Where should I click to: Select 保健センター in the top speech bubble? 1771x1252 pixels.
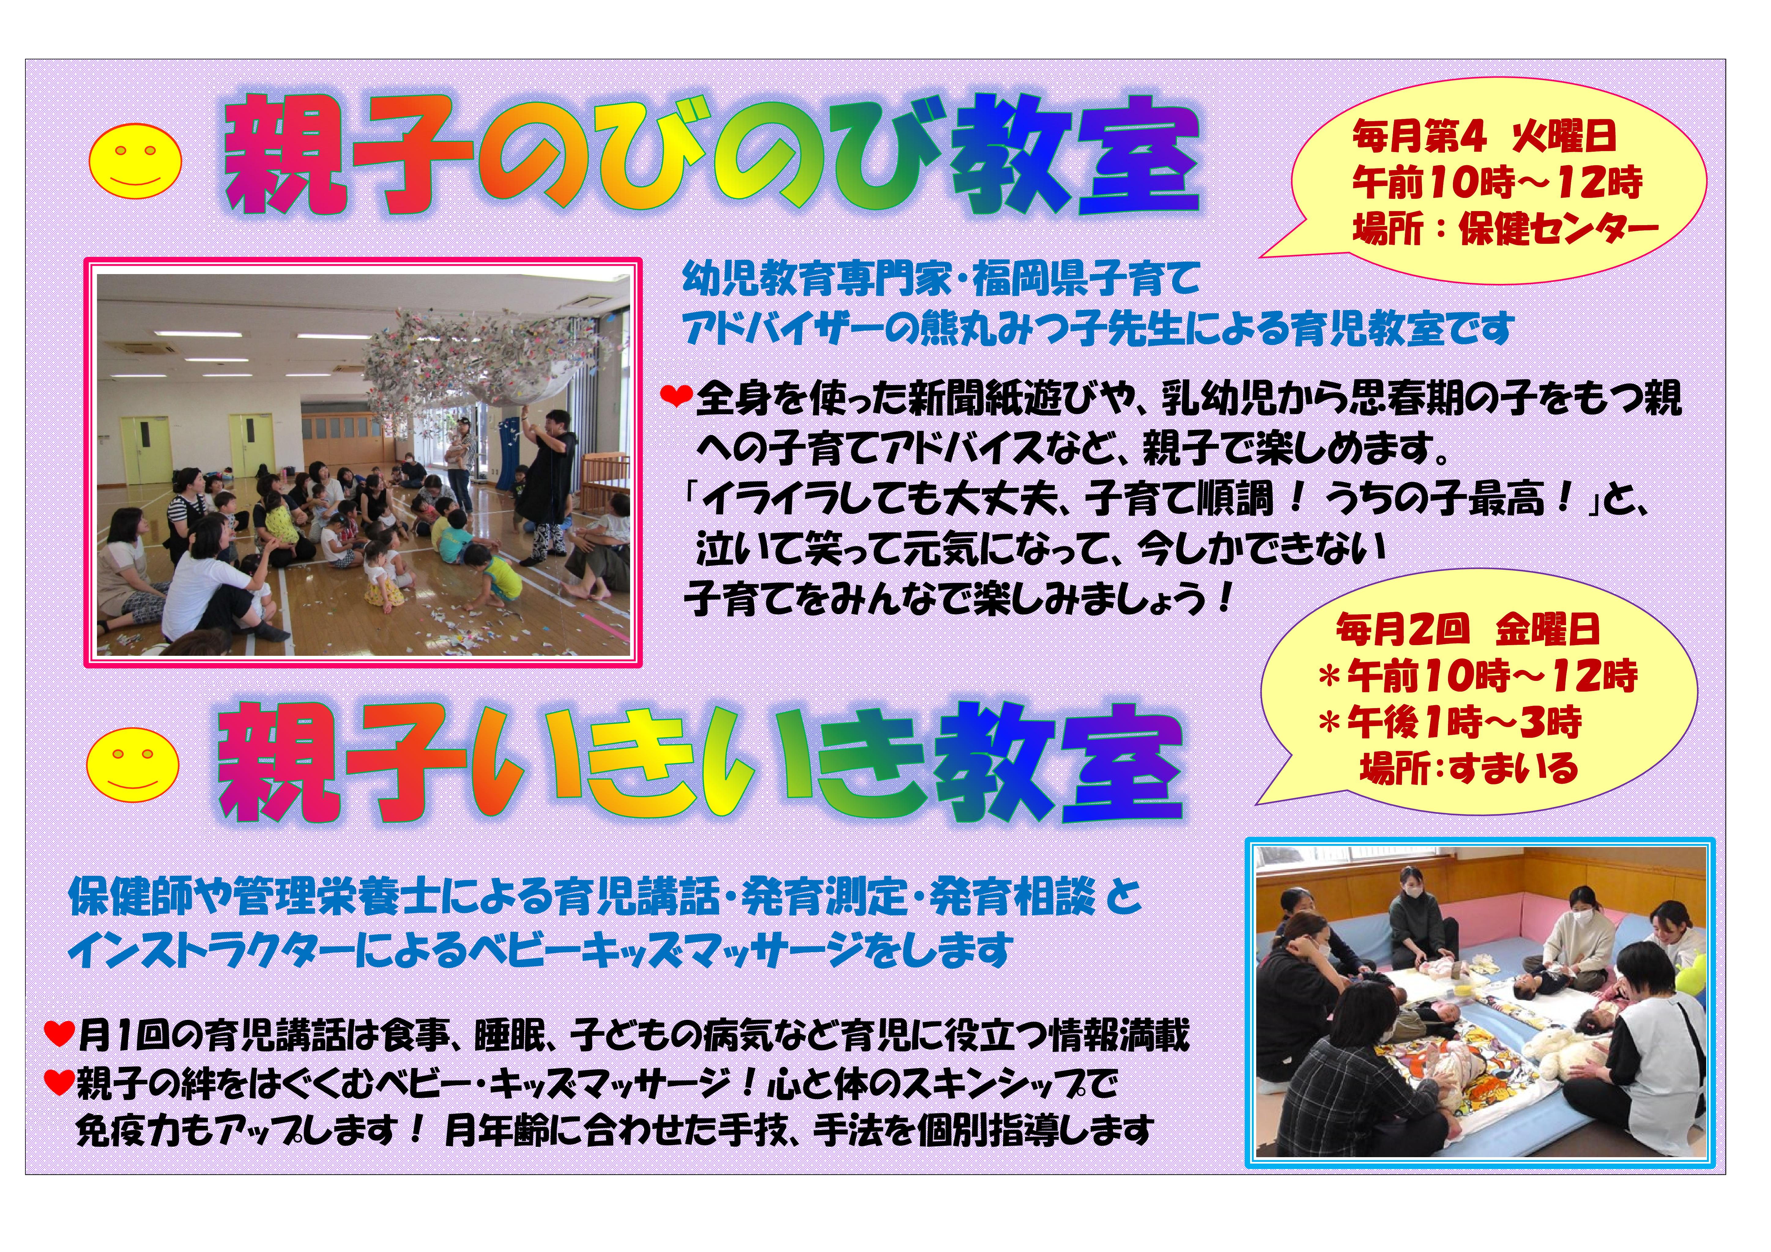pyautogui.click(x=1558, y=228)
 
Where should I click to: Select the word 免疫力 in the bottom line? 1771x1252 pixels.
pyautogui.click(x=120, y=1131)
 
